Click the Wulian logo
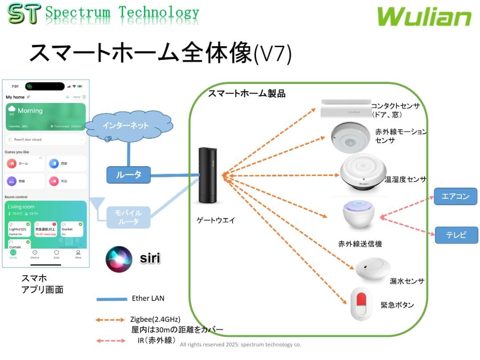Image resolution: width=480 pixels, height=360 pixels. tap(424, 17)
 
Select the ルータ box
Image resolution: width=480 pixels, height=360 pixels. tap(128, 175)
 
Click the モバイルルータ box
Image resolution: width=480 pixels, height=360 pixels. tap(128, 216)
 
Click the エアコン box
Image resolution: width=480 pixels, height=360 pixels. tap(456, 196)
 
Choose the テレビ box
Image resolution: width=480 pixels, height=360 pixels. tap(456, 235)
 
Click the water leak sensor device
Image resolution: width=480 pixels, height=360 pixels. tap(372, 268)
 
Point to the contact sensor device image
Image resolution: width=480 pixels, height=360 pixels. tap(346, 108)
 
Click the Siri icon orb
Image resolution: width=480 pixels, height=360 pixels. tap(119, 259)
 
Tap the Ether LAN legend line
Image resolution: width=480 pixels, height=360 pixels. tap(112, 299)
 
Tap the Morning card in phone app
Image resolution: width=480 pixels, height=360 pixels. tap(46, 116)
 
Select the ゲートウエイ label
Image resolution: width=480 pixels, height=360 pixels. tap(216, 220)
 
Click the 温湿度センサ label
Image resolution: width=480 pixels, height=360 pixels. tap(405, 180)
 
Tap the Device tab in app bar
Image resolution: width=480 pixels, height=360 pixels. tap(35, 254)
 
